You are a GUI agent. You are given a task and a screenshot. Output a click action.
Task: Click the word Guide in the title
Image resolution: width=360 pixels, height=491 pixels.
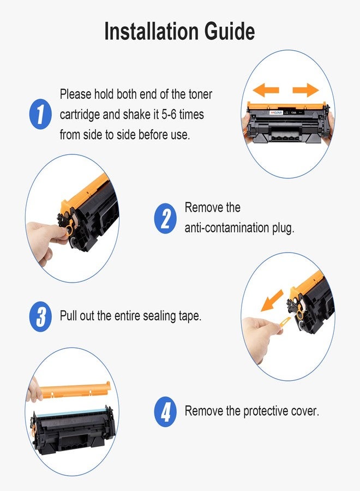point(230,31)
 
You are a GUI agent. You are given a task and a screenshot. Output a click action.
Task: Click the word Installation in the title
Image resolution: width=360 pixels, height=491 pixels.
point(152,31)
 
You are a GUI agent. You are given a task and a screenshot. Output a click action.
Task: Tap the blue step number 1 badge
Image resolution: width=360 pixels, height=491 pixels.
point(40,113)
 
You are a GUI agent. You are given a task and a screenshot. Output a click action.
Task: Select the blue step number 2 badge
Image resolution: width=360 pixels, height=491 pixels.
point(166,218)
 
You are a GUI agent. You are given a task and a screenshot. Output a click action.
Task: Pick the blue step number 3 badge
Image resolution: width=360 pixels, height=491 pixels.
point(40,316)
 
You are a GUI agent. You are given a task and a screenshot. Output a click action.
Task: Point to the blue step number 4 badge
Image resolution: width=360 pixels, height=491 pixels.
point(166,411)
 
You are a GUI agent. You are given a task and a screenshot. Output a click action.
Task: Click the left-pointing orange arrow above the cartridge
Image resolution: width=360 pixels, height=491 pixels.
point(266,90)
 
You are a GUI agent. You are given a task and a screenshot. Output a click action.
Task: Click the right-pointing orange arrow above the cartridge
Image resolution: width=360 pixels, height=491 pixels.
point(306,90)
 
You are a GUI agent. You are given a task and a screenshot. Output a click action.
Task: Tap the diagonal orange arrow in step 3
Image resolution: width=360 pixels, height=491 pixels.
point(272,301)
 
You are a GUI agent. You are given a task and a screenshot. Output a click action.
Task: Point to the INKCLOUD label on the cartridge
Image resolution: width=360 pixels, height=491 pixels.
point(276,112)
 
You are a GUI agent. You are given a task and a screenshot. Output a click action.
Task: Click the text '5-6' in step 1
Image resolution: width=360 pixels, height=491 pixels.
point(169,115)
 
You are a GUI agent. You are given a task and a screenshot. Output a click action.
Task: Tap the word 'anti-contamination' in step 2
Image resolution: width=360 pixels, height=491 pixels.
point(227,227)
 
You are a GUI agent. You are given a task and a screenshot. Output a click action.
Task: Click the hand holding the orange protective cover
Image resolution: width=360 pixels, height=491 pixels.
point(34,390)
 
